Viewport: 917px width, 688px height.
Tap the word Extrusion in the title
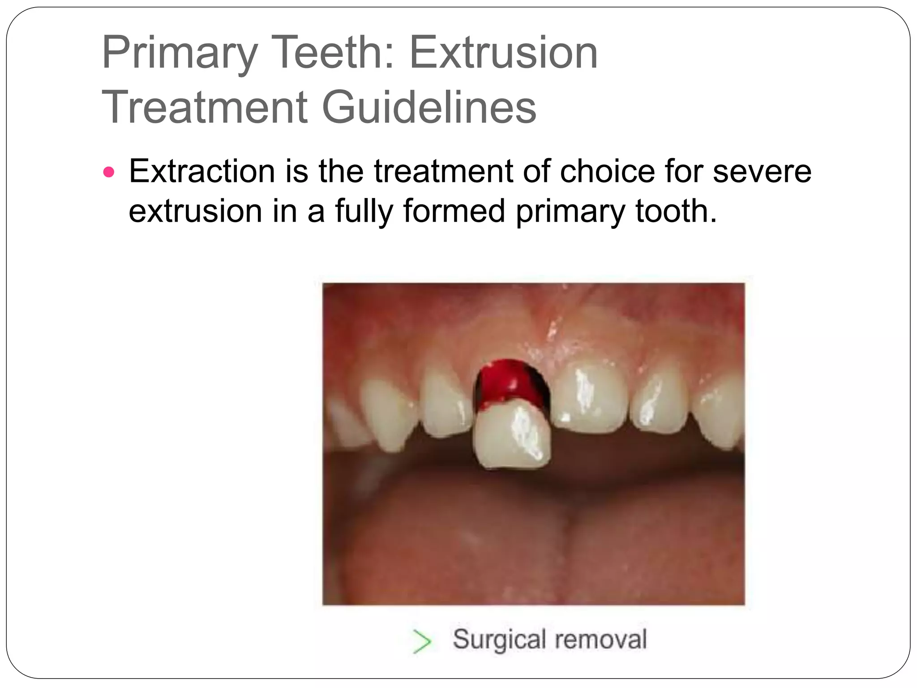click(504, 53)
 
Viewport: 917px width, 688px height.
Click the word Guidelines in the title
click(429, 107)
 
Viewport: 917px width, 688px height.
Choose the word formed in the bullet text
click(454, 211)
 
